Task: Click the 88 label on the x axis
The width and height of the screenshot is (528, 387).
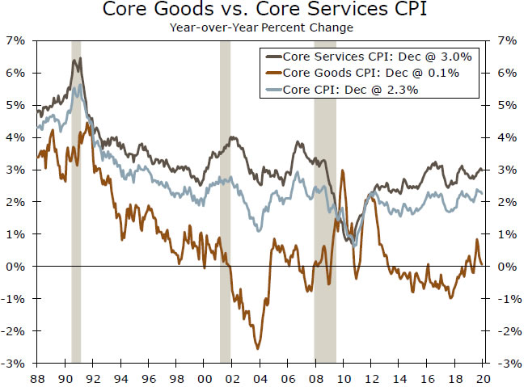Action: [36, 376]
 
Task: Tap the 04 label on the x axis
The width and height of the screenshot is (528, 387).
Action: [259, 376]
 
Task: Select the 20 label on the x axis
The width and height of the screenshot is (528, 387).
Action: [482, 376]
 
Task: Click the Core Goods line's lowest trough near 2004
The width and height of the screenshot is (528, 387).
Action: [258, 348]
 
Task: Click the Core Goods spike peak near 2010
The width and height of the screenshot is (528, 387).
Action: [344, 170]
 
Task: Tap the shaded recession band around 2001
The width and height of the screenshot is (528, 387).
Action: [225, 202]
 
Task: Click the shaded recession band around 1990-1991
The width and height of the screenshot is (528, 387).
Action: [76, 202]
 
